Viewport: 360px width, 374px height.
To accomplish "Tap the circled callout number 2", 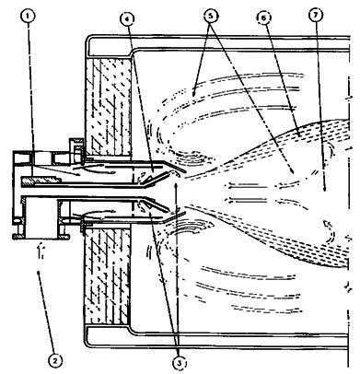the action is click(x=54, y=360).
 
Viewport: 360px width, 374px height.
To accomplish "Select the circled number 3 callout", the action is click(x=180, y=364).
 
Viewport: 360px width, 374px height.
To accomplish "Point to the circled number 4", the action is click(x=128, y=18).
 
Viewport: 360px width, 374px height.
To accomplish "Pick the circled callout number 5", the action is click(x=211, y=16).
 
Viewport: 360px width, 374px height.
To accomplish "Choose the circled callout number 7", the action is click(x=317, y=17).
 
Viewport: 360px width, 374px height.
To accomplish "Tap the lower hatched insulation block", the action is click(x=107, y=274).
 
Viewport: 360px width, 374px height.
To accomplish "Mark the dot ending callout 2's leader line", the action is click(x=38, y=272).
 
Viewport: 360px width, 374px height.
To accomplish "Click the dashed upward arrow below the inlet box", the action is click(x=40, y=251).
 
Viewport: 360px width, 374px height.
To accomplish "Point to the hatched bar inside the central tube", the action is click(x=41, y=181).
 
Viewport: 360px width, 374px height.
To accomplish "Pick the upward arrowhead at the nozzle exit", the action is click(x=175, y=185).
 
